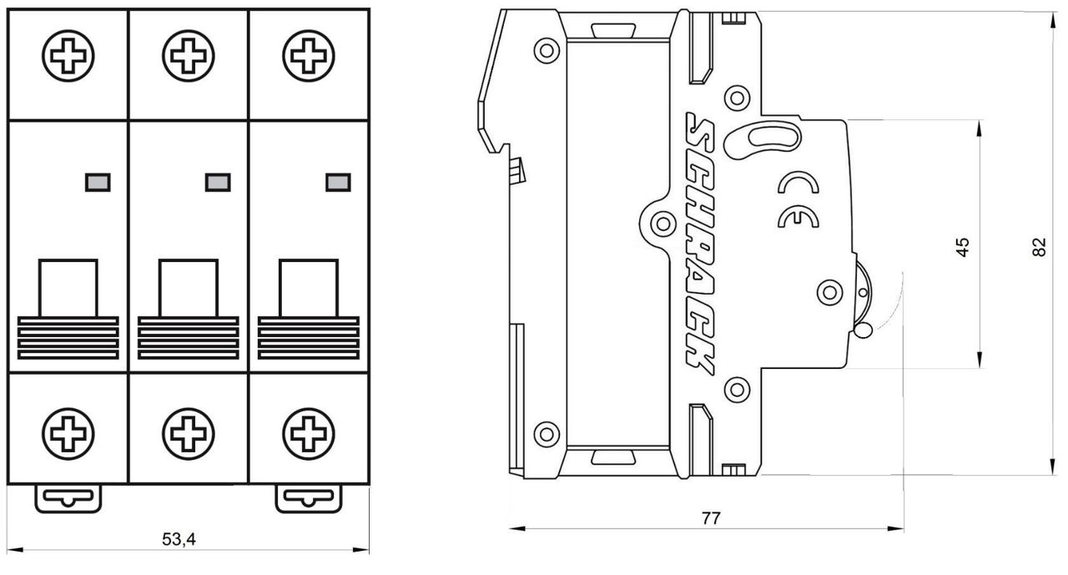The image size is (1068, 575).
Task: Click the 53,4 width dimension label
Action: pyautogui.click(x=179, y=540)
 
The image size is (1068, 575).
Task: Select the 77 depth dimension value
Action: pyautogui.click(x=710, y=518)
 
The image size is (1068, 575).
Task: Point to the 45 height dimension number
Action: pyautogui.click(x=963, y=246)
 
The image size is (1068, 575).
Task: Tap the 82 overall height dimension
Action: pyautogui.click(x=1039, y=247)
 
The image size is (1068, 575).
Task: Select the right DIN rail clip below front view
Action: pyautogui.click(x=309, y=498)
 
